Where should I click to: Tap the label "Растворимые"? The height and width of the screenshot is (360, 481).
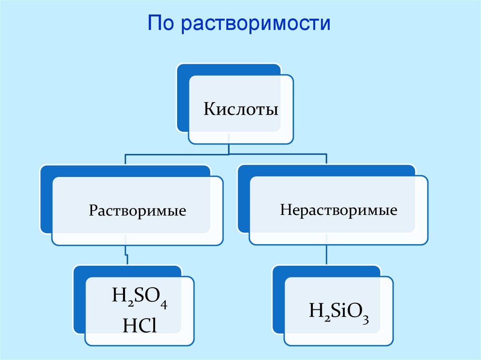138,210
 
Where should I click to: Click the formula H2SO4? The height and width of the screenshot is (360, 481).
140,299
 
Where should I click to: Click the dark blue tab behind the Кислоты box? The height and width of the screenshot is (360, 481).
183,99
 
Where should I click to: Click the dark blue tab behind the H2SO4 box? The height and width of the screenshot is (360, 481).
79,300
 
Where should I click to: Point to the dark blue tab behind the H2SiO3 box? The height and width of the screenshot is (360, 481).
279,300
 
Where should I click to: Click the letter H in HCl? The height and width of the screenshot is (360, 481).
129,324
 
